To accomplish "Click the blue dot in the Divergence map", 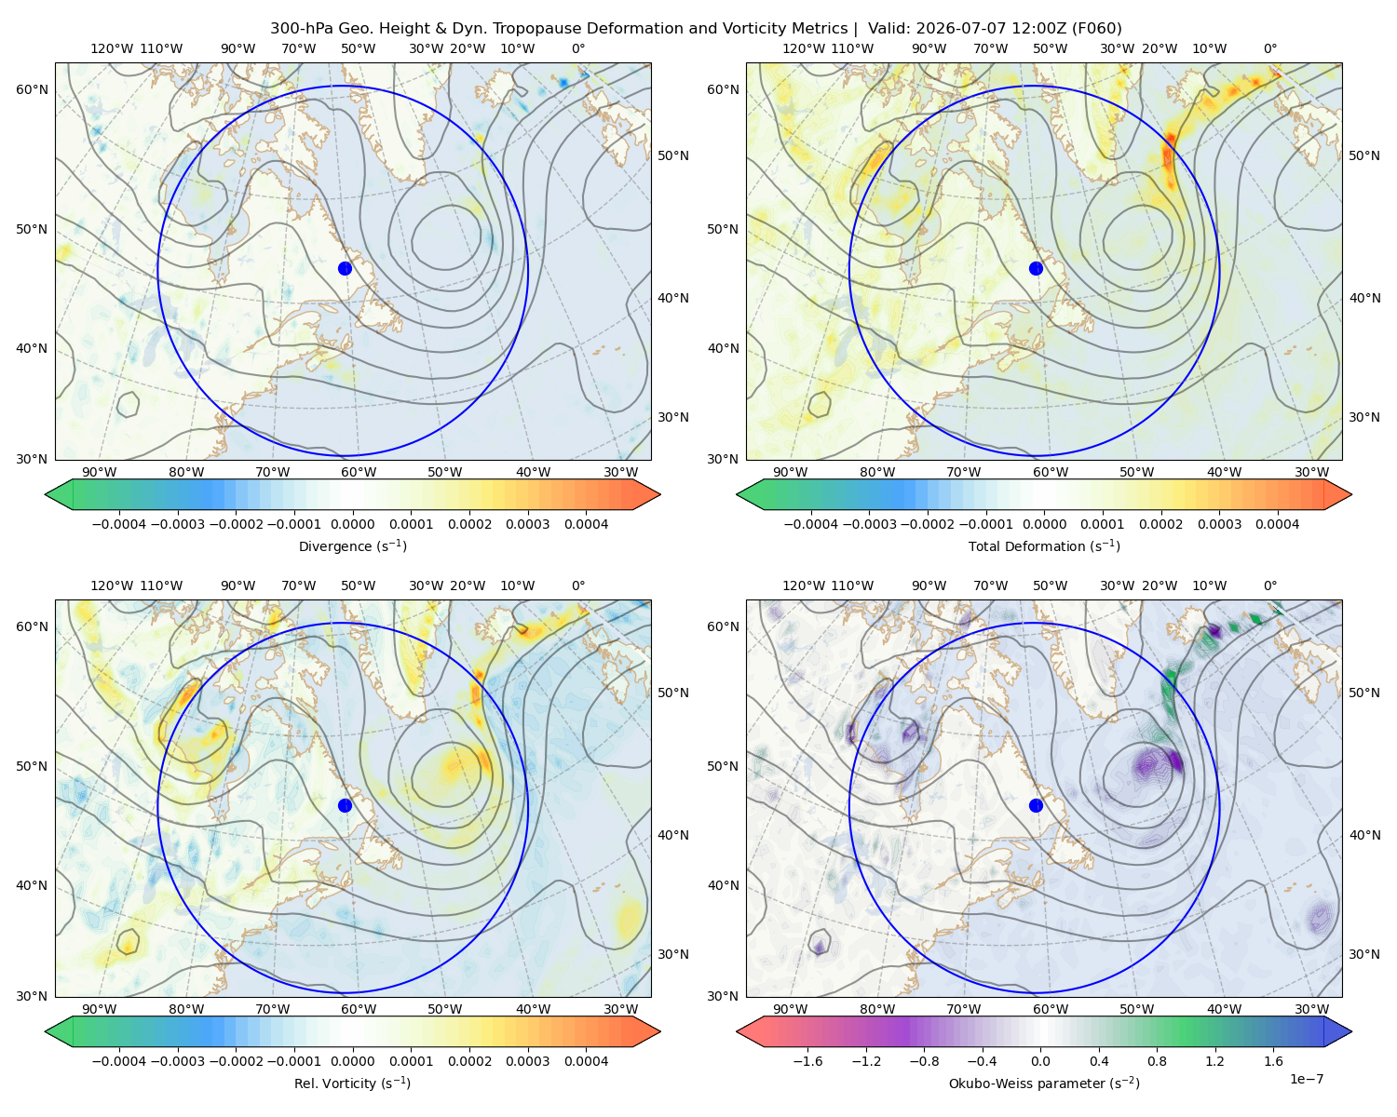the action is point(345,269).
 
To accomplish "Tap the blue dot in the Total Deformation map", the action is point(1036,269).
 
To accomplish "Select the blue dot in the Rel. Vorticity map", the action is point(345,805).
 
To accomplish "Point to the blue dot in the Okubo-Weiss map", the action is point(1036,805).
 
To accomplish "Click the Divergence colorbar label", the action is point(352,546).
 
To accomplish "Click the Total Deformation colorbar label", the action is point(1044,546).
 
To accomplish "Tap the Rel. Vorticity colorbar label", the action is point(352,1083).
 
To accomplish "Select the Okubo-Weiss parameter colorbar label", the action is point(1044,1083).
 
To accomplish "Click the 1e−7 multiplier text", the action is point(1306,1079).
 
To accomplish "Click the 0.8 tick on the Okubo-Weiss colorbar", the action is point(1157,1061).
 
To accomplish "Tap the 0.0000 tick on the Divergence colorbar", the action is point(352,524).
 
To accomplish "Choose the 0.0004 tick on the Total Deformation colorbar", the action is point(1278,524).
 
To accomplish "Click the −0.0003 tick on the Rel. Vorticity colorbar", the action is point(177,1061).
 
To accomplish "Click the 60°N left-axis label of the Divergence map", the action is point(32,89).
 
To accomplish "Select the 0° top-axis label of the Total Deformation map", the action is point(1269,48).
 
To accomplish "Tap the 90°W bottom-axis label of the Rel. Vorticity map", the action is point(100,1009).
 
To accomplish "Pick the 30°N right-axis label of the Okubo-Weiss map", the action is point(1364,954).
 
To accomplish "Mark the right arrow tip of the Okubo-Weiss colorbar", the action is point(1351,1031).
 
